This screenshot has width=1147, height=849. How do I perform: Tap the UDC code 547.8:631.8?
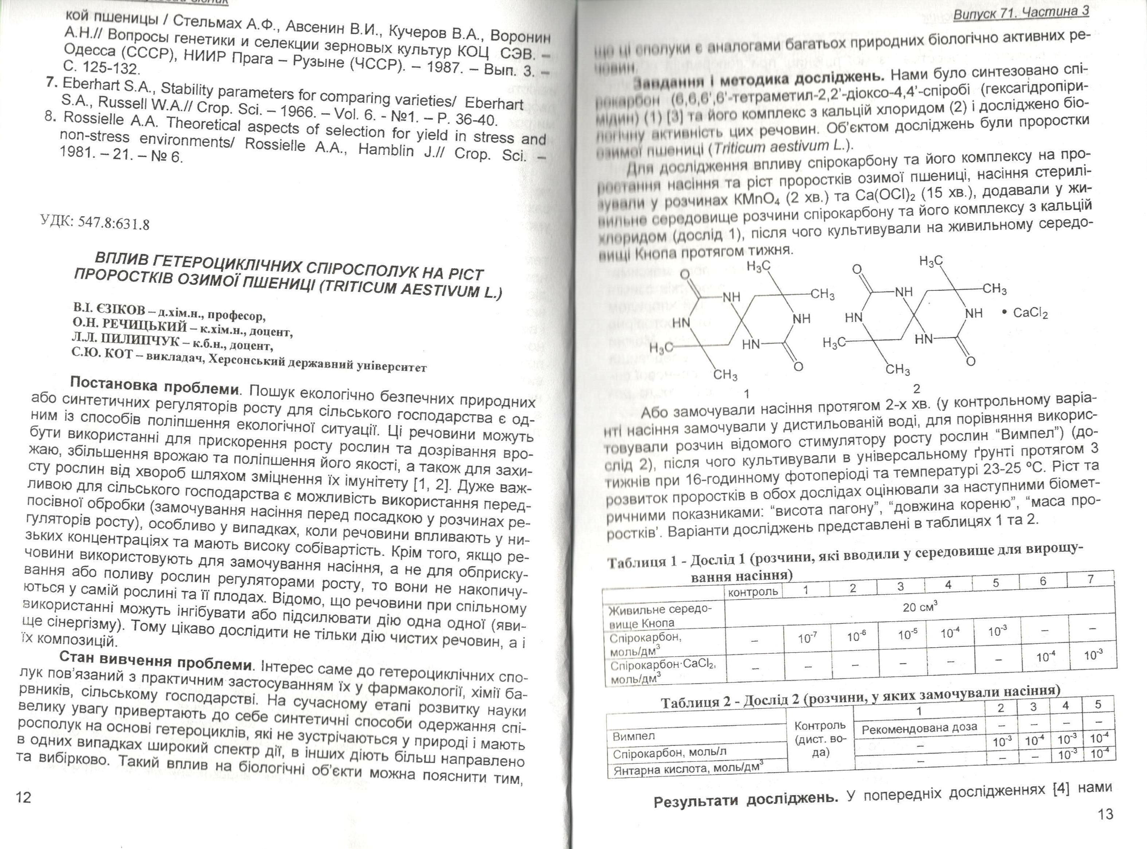[95, 222]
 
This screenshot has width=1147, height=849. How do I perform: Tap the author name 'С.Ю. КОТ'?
[98, 353]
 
